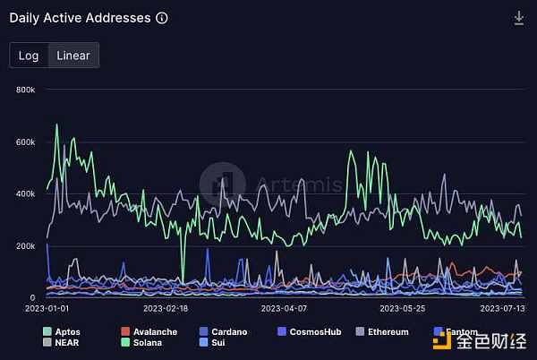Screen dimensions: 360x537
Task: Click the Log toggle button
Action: [29, 56]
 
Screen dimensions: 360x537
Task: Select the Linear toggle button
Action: [73, 56]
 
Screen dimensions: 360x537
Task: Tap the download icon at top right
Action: [519, 18]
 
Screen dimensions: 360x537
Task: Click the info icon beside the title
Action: [161, 18]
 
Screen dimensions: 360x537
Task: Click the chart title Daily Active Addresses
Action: [80, 18]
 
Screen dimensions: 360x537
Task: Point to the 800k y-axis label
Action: [25, 90]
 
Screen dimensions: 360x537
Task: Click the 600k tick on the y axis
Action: [25, 142]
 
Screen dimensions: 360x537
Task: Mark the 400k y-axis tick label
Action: [25, 194]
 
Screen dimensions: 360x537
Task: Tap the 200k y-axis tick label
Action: [25, 246]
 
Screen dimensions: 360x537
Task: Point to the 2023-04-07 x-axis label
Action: [284, 307]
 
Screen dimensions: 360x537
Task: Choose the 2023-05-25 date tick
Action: [403, 307]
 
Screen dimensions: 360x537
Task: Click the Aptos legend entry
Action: [67, 332]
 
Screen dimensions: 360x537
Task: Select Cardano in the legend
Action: [229, 332]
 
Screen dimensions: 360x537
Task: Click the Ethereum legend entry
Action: [387, 332]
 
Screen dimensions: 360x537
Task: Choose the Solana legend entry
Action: [148, 342]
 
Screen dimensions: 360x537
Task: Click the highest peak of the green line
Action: [57, 124]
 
